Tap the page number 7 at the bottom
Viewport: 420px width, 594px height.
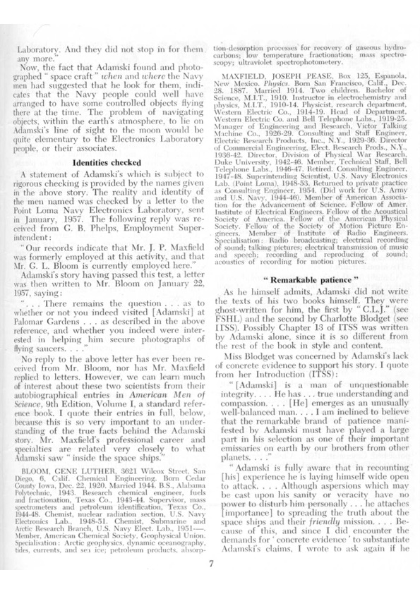click(x=210, y=562)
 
